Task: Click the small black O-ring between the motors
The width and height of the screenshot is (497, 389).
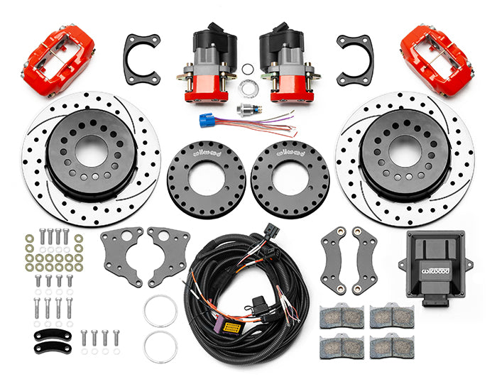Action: pyautogui.click(x=247, y=70)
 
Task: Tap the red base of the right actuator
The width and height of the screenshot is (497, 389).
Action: pyautogui.click(x=288, y=85)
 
